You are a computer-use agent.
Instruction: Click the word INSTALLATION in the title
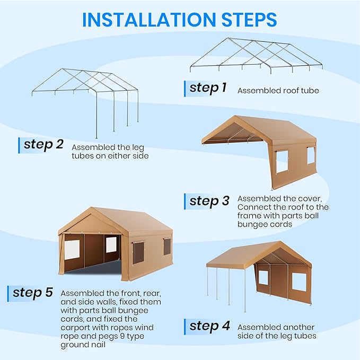click(x=147, y=20)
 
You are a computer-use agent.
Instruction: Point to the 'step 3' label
click(x=209, y=201)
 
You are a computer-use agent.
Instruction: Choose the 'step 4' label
click(x=209, y=327)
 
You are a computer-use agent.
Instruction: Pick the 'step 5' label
click(x=33, y=292)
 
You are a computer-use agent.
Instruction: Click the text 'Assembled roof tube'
click(x=278, y=91)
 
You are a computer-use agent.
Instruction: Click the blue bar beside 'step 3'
click(x=185, y=201)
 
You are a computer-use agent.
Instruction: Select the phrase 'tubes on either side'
click(x=110, y=156)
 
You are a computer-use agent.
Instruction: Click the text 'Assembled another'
click(x=276, y=327)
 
